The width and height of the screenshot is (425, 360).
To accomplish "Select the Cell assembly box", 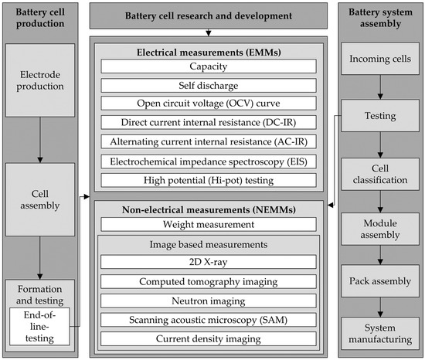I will pyautogui.click(x=41, y=199).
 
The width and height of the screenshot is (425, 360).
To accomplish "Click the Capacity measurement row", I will pyautogui.click(x=208, y=66).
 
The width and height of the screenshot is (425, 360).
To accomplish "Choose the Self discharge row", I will pyautogui.click(x=208, y=85).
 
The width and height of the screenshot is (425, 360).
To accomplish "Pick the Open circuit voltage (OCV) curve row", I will pyautogui.click(x=208, y=104).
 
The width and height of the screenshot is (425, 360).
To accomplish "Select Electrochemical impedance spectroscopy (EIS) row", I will pyautogui.click(x=208, y=161).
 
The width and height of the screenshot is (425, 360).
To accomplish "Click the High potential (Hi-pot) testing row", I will pyautogui.click(x=208, y=179).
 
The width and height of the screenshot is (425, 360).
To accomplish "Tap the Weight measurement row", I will pyautogui.click(x=208, y=224).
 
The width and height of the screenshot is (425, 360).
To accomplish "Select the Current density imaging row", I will pyautogui.click(x=208, y=338).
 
